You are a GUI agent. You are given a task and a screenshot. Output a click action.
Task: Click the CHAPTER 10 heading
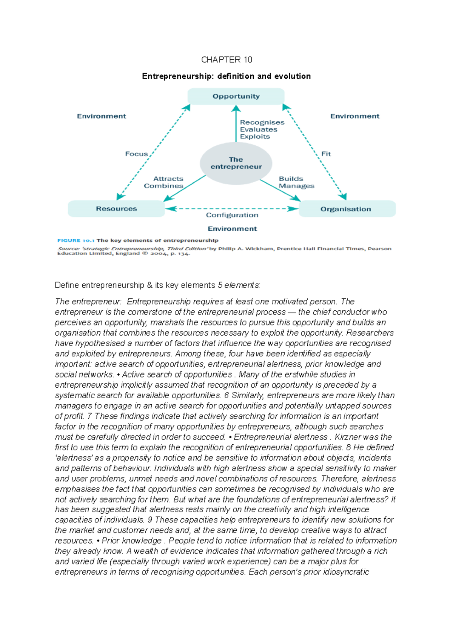226,60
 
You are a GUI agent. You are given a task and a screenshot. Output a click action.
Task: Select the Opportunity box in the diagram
236,96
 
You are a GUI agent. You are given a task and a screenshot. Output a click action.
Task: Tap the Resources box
116,209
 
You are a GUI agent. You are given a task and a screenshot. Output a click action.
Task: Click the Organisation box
346,209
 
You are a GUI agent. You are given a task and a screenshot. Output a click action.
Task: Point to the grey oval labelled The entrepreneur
236,163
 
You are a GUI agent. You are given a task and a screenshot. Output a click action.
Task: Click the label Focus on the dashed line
136,154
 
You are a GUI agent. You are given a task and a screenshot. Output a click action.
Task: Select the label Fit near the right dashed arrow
326,154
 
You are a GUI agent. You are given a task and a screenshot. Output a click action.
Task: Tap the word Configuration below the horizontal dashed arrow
232,215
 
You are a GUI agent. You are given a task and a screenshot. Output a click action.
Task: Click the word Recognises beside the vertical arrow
262,122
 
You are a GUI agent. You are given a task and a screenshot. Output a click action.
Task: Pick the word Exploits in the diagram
255,137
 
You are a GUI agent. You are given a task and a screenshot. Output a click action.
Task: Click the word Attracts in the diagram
168,179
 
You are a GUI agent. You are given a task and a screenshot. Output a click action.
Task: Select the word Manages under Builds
296,186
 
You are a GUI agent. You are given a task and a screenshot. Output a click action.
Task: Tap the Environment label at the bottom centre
232,229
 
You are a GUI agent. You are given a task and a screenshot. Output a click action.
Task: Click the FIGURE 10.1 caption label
74,240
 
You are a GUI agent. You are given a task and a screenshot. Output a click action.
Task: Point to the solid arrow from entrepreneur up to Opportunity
236,125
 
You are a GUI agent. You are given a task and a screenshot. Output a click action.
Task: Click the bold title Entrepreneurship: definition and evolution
226,76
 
